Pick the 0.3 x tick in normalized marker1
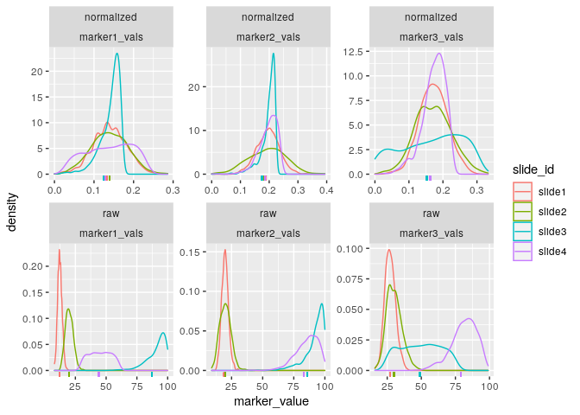(x=172, y=186)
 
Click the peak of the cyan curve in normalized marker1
(x=117, y=54)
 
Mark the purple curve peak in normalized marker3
(x=439, y=54)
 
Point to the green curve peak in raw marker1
(x=68, y=309)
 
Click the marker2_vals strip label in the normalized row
(x=268, y=37)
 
